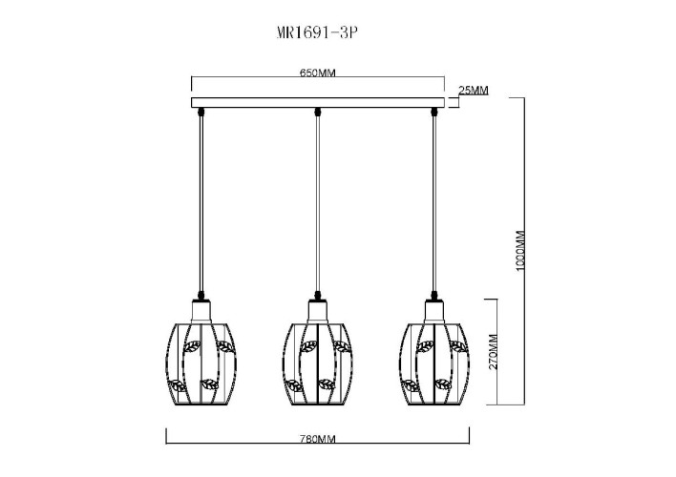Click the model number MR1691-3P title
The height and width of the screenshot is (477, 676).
click(x=317, y=32)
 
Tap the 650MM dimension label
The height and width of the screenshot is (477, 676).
click(x=317, y=73)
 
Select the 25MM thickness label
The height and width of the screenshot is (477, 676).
click(x=474, y=91)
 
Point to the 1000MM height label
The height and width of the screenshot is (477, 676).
click(x=520, y=251)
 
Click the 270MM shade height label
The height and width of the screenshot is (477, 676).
click(x=494, y=351)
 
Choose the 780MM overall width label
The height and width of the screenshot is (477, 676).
click(x=317, y=439)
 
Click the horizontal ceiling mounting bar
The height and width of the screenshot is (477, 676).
click(x=318, y=102)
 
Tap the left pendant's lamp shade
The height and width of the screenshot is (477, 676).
click(x=201, y=363)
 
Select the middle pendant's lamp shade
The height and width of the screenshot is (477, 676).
click(x=318, y=363)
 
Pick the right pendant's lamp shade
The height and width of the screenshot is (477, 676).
click(x=434, y=363)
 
